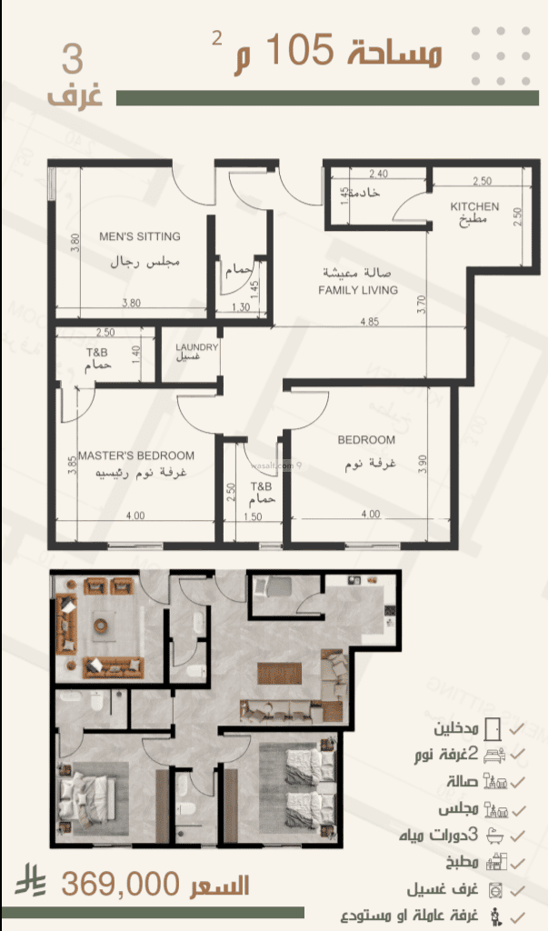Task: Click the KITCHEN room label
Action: [474, 206]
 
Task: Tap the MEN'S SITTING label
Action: [140, 236]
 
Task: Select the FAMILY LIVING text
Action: [358, 290]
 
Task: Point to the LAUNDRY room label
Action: [196, 347]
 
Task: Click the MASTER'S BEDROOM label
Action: [136, 455]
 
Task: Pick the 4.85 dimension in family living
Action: [369, 322]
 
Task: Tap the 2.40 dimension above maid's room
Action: [378, 174]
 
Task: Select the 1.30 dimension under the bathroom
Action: [240, 308]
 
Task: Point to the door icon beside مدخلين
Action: [493, 729]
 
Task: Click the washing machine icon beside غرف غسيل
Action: [494, 887]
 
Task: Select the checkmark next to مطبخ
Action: [518, 861]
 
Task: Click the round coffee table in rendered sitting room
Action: [102, 624]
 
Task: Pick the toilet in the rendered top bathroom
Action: [193, 671]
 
